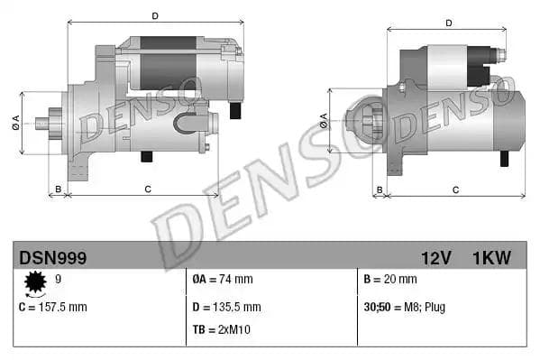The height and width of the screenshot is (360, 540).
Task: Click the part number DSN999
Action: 52,258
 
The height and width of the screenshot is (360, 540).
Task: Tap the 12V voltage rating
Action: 435,258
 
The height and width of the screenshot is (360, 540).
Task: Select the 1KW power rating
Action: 491,258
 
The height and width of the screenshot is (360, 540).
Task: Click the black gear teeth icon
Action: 36,285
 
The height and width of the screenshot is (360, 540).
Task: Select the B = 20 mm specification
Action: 389,281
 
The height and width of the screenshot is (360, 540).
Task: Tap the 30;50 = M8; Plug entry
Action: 404,307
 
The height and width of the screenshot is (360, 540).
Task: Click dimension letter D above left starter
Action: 154,16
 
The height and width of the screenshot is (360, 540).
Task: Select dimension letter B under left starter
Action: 58,189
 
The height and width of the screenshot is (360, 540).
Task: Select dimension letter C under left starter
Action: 147,189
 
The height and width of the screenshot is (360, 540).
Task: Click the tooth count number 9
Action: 58,280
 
